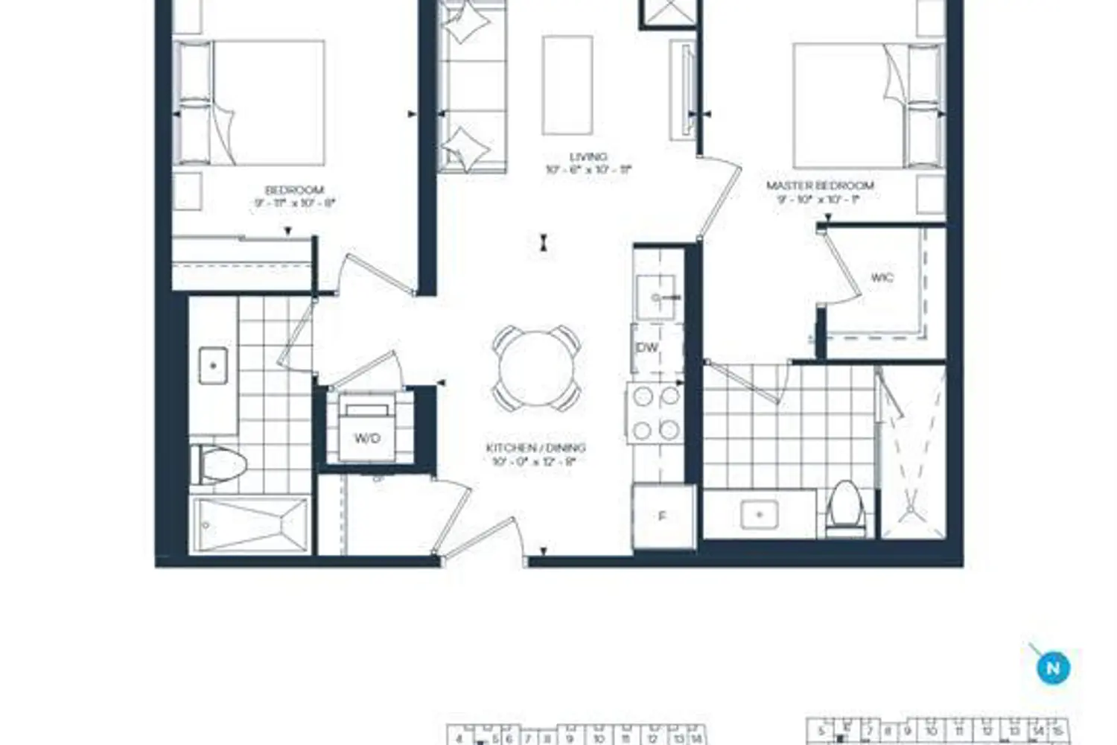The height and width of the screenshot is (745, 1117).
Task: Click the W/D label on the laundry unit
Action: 367,438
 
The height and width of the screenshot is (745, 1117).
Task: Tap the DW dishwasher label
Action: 648,348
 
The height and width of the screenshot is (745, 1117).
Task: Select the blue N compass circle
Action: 1053,668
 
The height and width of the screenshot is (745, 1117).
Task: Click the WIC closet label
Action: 882,278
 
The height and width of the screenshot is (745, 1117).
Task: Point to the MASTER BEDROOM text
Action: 820,185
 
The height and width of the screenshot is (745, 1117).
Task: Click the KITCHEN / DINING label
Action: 535,448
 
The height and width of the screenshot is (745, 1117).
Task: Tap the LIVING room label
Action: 588,156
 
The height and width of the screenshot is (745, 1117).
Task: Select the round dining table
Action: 535,368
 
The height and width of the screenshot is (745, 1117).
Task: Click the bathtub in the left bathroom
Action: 249,525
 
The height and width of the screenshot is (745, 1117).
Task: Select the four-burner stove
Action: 655,413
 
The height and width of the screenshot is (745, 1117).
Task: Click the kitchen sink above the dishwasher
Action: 658,297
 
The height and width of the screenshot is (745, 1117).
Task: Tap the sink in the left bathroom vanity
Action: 214,366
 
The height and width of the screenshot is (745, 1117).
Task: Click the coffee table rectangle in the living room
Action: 567,85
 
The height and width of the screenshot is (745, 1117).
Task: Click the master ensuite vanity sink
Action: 760,515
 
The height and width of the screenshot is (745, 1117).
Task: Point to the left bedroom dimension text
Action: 294,203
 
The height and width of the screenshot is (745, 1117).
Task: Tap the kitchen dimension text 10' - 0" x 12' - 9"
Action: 535,462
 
